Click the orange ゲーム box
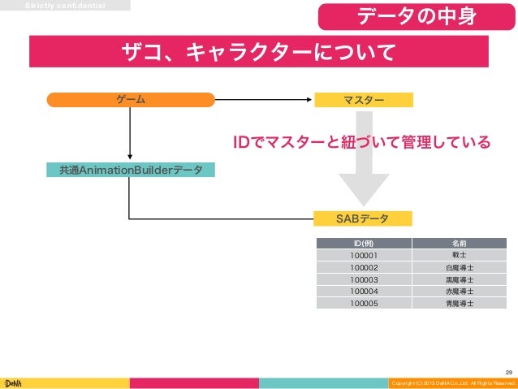131,100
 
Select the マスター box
363,100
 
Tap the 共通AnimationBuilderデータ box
131,170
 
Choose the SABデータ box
363,218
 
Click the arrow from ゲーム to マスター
264,100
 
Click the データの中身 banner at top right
417,16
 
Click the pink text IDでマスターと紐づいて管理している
362,143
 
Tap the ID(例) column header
364,243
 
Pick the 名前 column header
459,243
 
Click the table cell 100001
364,255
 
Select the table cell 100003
364,279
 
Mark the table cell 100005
364,303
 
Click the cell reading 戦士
459,255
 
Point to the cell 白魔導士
459,267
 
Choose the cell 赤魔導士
459,291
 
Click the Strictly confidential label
65,5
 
